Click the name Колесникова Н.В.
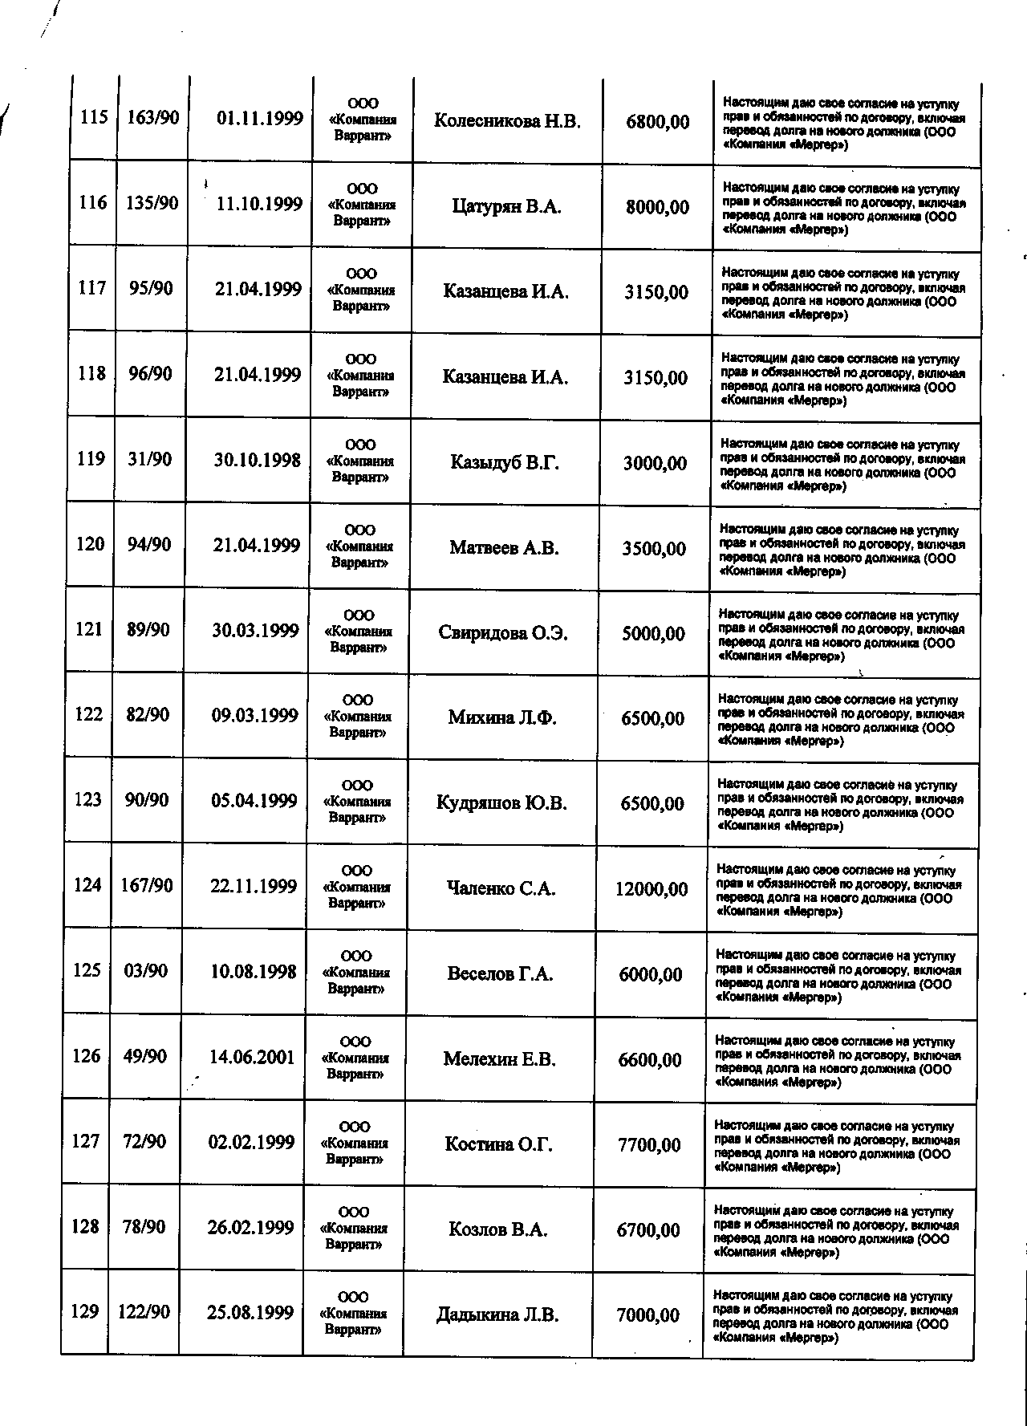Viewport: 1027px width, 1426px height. pyautogui.click(x=506, y=122)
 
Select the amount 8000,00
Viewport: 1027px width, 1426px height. pyautogui.click(x=657, y=207)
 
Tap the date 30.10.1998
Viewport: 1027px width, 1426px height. pyautogui.click(x=257, y=461)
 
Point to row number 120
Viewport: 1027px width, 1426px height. pyautogui.click(x=90, y=545)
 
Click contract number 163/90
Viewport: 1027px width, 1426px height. pyautogui.click(x=152, y=118)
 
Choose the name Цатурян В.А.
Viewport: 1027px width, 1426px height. pyautogui.click(x=506, y=207)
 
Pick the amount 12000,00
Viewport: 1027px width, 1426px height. pyautogui.click(x=652, y=889)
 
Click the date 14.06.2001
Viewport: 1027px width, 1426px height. pyautogui.click(x=252, y=1058)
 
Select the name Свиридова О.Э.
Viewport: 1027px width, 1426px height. pyautogui.click(x=503, y=633)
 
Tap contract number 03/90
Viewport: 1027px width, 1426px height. pyautogui.click(x=146, y=971)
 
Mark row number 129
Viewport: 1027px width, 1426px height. pyautogui.click(x=85, y=1312)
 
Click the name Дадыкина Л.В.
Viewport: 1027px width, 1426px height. pyautogui.click(x=497, y=1315)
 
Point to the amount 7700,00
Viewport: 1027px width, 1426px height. pyautogui.click(x=649, y=1145)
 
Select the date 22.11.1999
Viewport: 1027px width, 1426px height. pyautogui.click(x=254, y=887)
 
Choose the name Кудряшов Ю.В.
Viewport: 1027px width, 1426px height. pyautogui.click(x=501, y=803)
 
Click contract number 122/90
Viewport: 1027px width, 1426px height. pyautogui.click(x=144, y=1312)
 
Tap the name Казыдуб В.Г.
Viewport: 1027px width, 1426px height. pyautogui.click(x=504, y=463)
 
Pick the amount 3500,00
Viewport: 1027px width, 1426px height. pyautogui.click(x=654, y=549)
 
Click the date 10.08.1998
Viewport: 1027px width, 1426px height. pyautogui.click(x=253, y=972)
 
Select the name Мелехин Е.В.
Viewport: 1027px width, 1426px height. pyautogui.click(x=499, y=1059)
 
